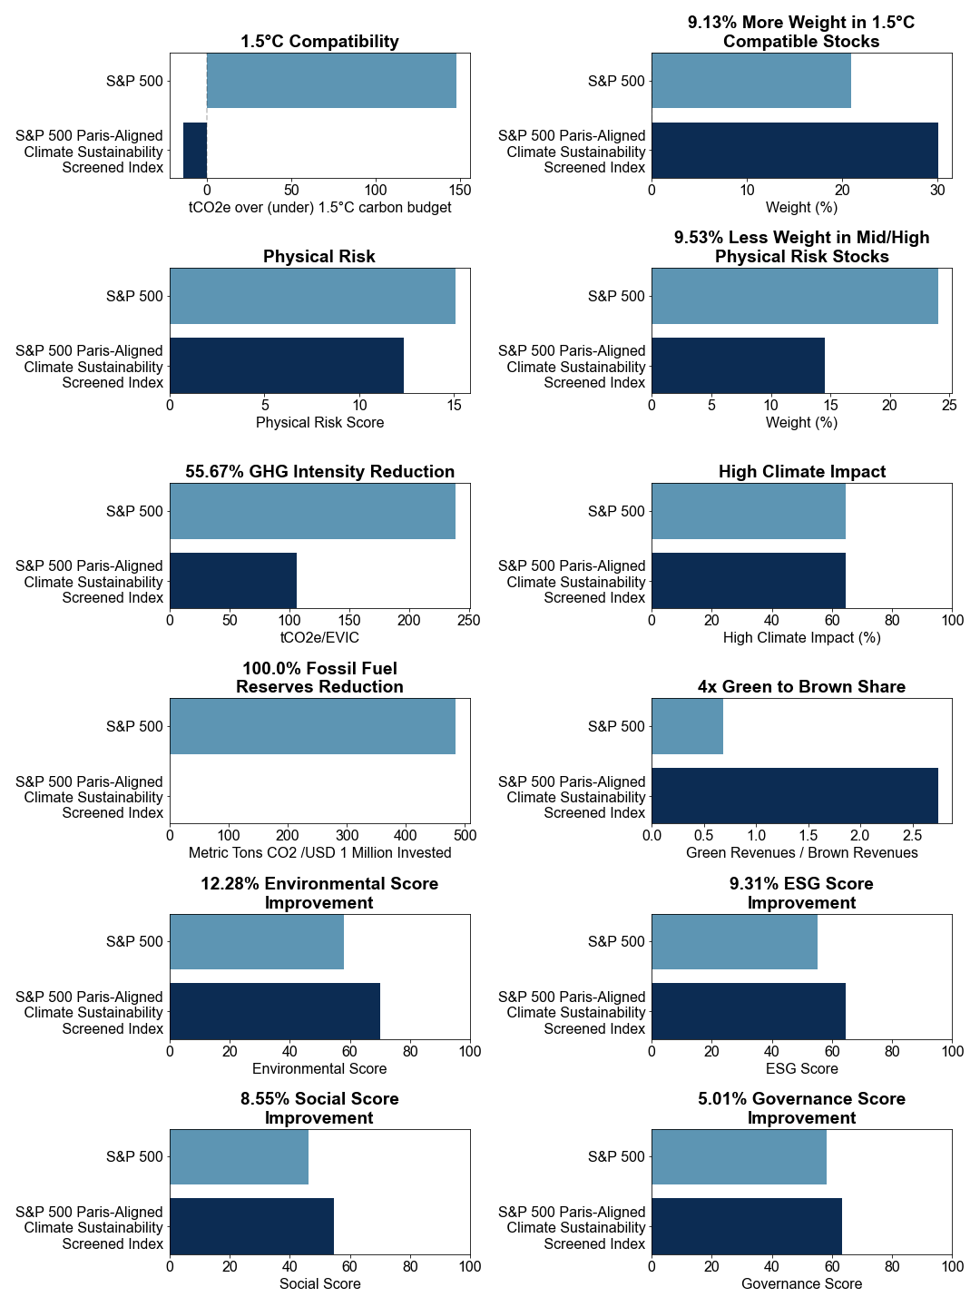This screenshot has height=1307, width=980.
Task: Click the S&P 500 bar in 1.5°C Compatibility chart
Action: [x=331, y=81]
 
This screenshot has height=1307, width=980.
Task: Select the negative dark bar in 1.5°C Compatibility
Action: [x=195, y=150]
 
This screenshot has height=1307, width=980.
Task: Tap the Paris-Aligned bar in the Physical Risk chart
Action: [x=287, y=365]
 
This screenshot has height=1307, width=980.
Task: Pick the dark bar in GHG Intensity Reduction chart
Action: [x=233, y=581]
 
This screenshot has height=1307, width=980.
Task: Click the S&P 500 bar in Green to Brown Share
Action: [x=687, y=726]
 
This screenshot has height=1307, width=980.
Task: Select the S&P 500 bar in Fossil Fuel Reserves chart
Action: [x=313, y=726]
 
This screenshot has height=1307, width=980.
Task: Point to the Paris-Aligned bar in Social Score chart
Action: [x=251, y=1226]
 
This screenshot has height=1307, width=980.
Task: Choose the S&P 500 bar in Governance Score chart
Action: [x=739, y=1156]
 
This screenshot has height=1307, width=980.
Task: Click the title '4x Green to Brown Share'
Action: [x=801, y=686]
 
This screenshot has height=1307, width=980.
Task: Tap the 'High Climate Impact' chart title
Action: [x=801, y=472]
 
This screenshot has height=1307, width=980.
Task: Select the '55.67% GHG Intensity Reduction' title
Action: [x=319, y=472]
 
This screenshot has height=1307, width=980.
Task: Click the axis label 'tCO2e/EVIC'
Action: [x=319, y=638]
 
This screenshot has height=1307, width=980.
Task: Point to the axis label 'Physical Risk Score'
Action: [x=319, y=422]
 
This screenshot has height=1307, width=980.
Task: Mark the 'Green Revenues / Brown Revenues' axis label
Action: [x=801, y=852]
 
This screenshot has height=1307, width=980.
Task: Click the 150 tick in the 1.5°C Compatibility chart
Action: [x=460, y=191]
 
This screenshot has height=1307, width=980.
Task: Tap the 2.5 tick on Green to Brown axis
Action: [x=913, y=835]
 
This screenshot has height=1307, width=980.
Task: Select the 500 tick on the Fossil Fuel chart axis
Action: [x=465, y=835]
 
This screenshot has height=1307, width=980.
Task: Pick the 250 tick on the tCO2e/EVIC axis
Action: [x=468, y=621]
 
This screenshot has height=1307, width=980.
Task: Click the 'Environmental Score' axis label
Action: [x=319, y=1068]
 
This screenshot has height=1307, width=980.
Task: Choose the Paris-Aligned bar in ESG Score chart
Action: [x=749, y=1011]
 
